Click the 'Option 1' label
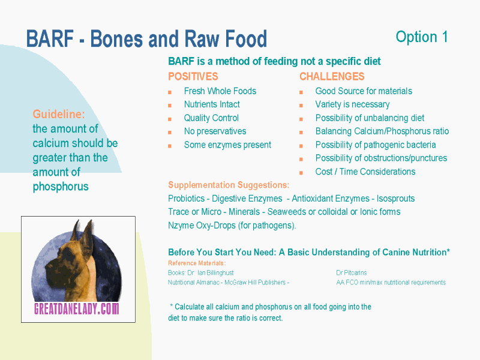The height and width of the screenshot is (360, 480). coord(422,37)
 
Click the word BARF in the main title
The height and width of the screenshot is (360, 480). coord(50,38)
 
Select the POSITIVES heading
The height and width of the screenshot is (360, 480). coord(193,76)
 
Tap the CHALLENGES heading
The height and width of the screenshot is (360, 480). coord(332,76)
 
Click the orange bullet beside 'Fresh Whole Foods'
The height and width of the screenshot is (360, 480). coord(170,92)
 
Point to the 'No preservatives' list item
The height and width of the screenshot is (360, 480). coord(215,131)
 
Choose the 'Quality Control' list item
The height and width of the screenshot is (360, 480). coord(211,118)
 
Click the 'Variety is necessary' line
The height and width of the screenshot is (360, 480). coord(352,104)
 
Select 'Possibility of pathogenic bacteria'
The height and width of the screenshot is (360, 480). coord(376,145)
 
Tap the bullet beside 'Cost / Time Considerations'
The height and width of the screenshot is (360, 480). coord(301,173)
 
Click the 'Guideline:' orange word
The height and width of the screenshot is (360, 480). coord(59,114)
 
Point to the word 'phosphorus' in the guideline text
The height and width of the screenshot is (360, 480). coord(61,187)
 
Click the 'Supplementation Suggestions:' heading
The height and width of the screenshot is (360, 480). coord(229,185)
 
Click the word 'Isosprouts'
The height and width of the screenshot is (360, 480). coord(395,199)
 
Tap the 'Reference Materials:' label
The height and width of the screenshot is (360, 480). coord(197,263)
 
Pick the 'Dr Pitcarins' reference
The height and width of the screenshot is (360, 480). coord(352,272)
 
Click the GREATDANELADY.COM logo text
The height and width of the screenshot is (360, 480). coord(77,308)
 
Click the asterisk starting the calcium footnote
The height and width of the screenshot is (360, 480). coord(172,305)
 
